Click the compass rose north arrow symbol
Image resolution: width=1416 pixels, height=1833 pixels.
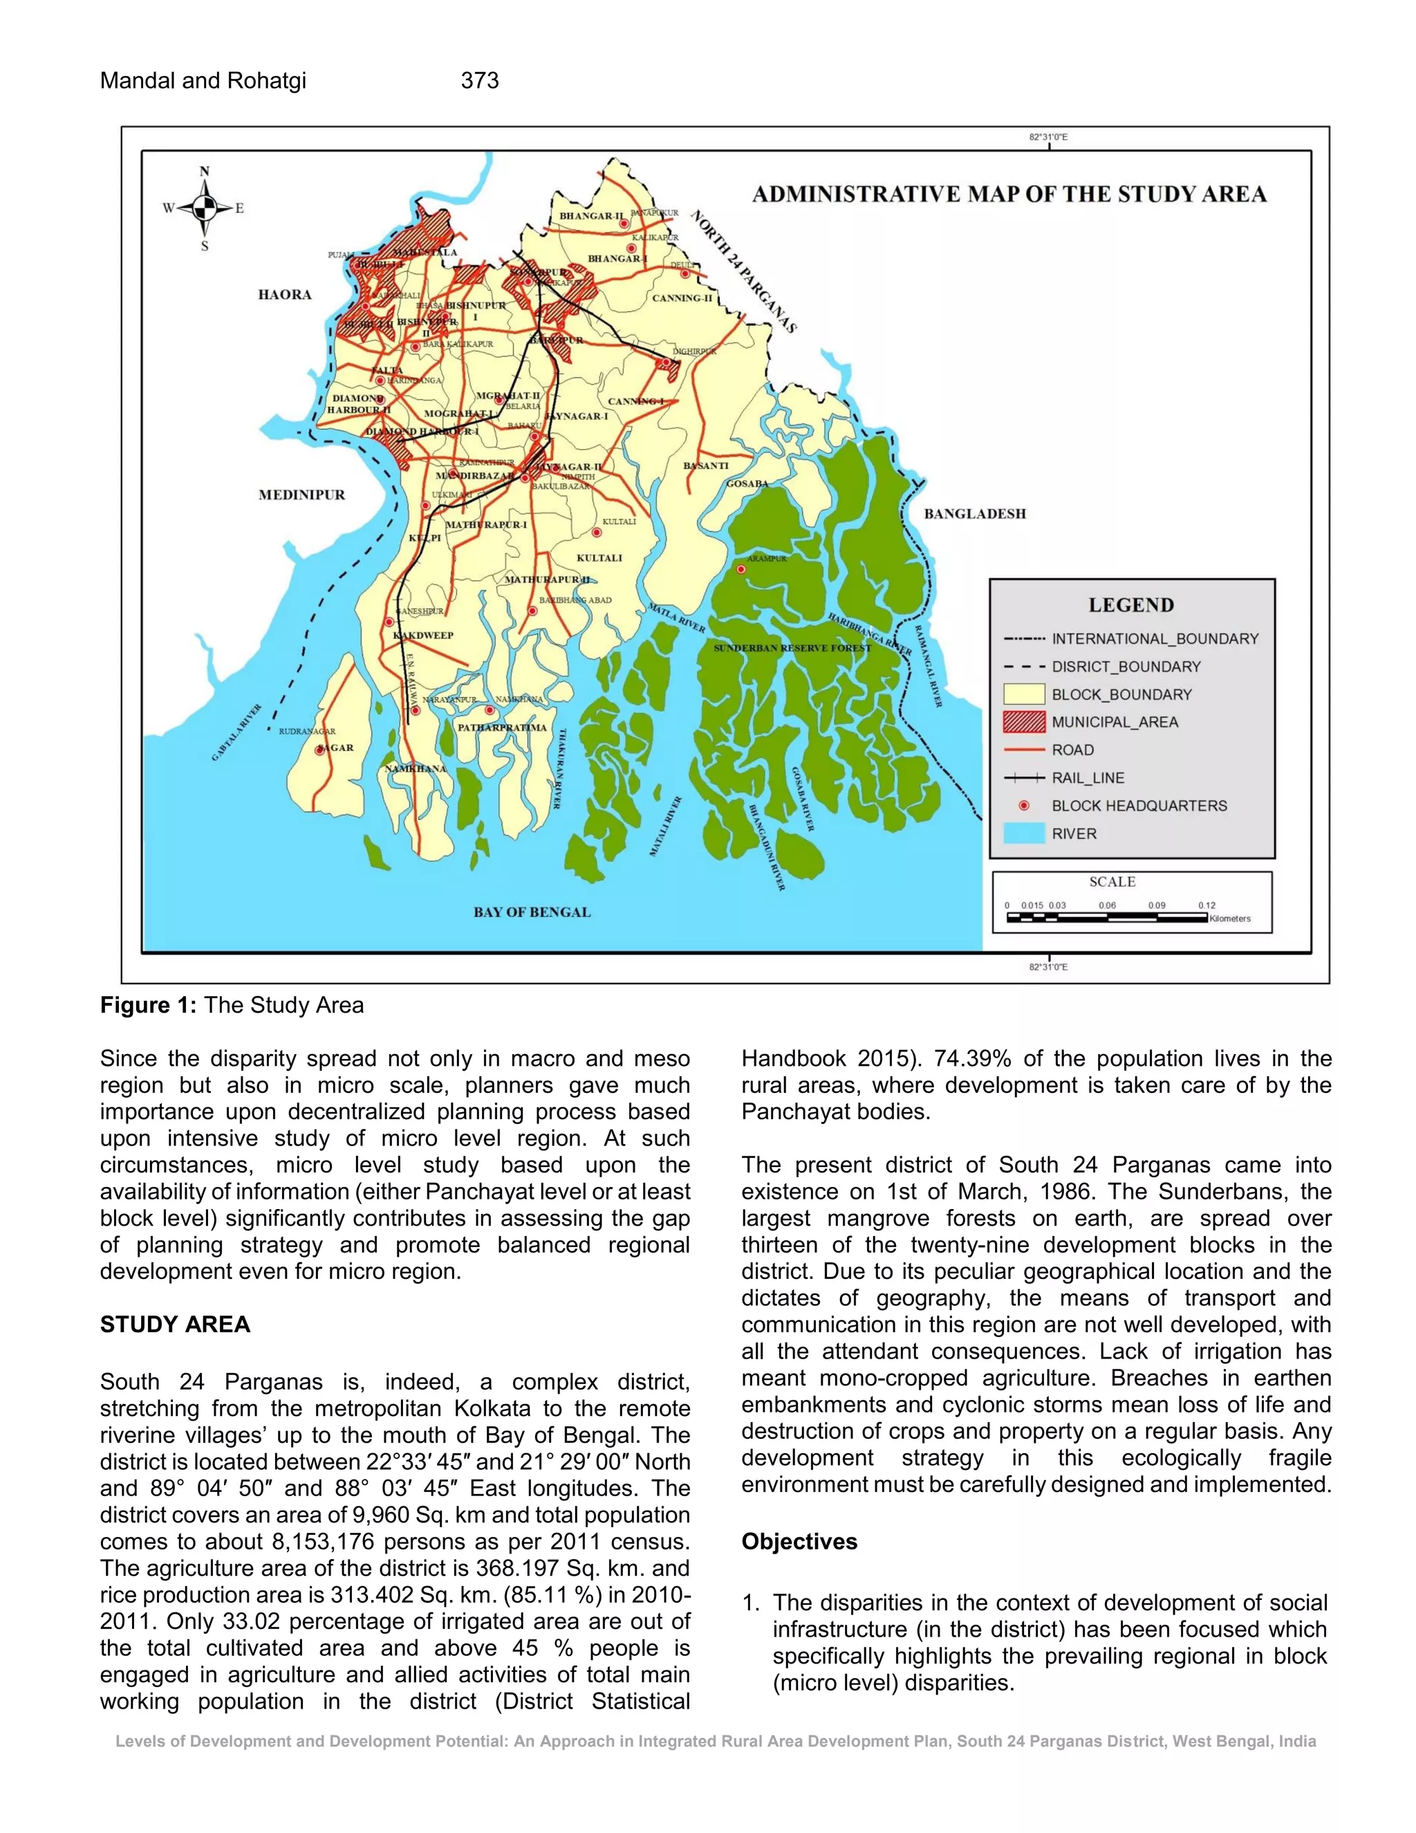tap(205, 206)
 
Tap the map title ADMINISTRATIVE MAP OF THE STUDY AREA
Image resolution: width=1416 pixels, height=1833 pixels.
tap(1009, 195)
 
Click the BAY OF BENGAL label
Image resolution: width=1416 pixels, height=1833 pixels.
tap(532, 912)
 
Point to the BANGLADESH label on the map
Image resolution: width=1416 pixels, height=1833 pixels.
tap(975, 514)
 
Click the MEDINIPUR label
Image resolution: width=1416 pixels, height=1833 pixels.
tap(301, 495)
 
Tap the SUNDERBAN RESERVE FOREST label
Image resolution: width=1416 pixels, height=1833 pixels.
tap(792, 648)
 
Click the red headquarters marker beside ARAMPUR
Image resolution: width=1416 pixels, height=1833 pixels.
tap(740, 569)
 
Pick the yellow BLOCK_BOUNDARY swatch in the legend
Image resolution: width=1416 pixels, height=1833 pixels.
tap(1023, 694)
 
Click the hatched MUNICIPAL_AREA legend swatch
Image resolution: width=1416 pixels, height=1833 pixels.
tap(1023, 721)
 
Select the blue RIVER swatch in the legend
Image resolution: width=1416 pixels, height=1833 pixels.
tap(1023, 833)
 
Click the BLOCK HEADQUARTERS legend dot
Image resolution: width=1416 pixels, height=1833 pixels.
tap(1023, 806)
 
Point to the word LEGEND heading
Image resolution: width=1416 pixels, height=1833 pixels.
tap(1130, 605)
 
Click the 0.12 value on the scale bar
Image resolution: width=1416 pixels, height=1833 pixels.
tap(1207, 905)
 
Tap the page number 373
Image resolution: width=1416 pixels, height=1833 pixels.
tap(480, 80)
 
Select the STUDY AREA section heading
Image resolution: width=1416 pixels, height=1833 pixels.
tap(174, 1325)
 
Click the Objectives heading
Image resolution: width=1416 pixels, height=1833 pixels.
tap(799, 1542)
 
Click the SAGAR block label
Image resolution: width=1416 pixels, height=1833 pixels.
tap(337, 748)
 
